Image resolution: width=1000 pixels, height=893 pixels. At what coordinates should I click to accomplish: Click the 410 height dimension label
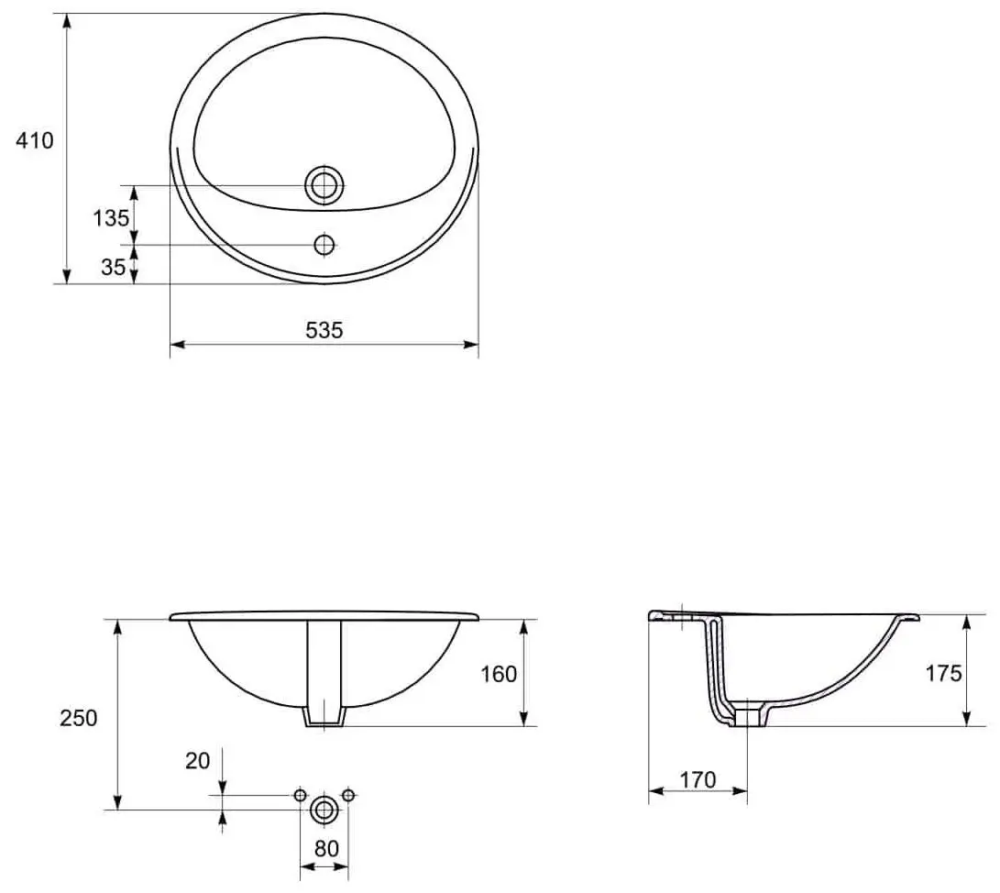[35, 140]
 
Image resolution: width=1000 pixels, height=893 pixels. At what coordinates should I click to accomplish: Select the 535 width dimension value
[324, 330]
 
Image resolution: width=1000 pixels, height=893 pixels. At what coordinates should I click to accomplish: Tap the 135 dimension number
[111, 218]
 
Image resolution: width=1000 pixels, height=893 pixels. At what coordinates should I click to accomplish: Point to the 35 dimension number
[113, 267]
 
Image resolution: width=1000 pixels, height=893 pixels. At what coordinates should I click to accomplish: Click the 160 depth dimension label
[499, 674]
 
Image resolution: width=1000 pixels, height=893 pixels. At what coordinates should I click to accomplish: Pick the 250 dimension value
[79, 718]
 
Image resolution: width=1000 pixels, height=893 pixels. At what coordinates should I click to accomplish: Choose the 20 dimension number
[198, 760]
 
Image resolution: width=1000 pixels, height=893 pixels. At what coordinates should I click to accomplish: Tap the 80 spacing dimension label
[326, 848]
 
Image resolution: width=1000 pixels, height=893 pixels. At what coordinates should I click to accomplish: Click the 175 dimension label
[943, 672]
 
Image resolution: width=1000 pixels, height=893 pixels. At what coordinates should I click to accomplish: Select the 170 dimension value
[698, 779]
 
